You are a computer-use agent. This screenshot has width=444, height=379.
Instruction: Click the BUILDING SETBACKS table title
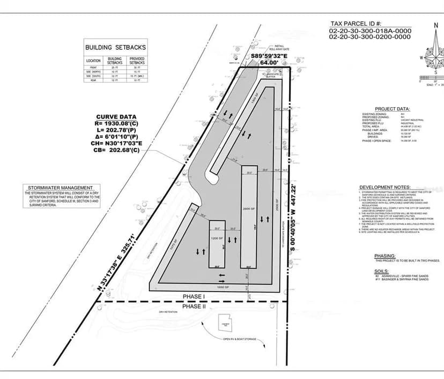tap(115, 47)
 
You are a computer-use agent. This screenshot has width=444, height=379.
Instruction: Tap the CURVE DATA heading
tap(116, 117)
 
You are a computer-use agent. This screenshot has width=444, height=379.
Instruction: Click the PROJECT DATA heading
tap(393, 109)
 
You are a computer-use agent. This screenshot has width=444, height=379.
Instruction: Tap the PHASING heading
tap(385, 256)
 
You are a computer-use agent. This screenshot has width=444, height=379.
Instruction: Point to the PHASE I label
tap(194, 297)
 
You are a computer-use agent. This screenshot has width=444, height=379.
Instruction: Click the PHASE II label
tap(194, 306)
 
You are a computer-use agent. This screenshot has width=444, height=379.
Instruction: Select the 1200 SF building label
tap(217, 237)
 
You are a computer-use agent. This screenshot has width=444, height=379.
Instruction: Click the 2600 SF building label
tap(247, 208)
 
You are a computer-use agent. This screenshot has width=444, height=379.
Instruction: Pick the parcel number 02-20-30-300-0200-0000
tap(369, 37)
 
